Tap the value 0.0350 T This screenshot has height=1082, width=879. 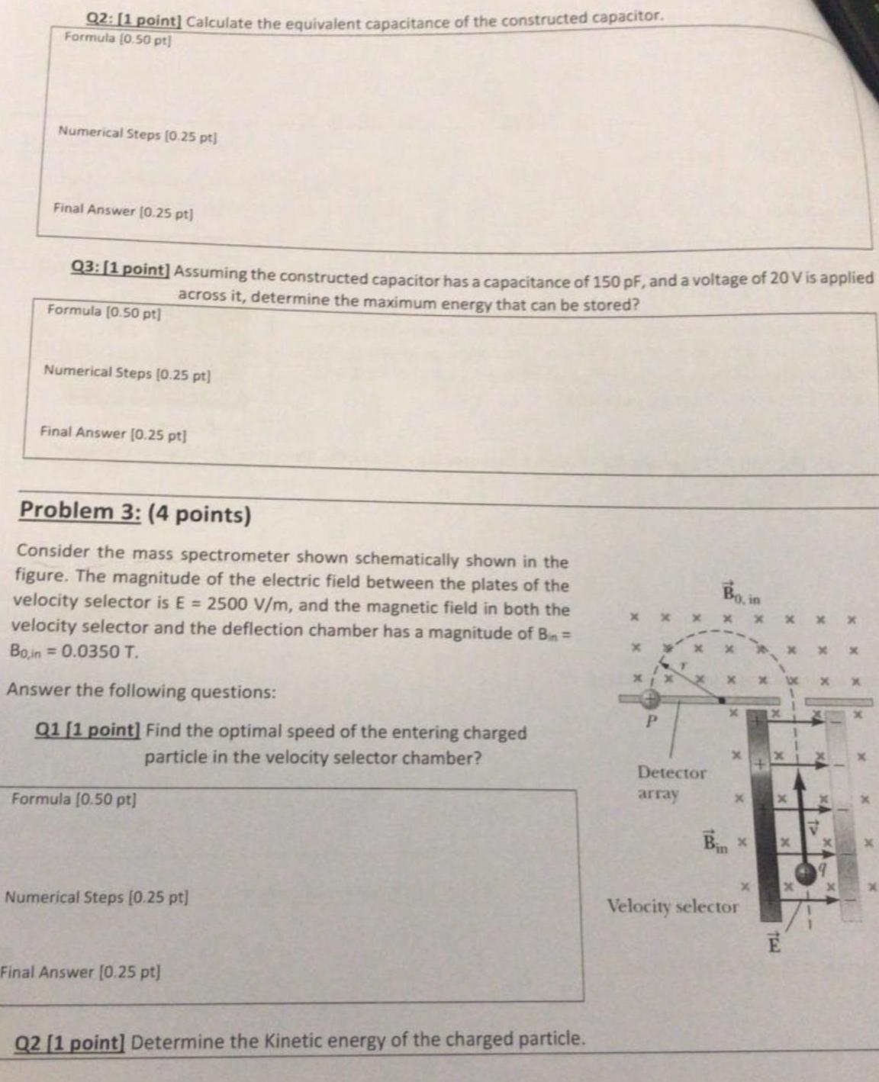point(99,652)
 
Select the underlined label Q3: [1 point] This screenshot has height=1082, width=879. point(119,269)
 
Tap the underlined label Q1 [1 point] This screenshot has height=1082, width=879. point(88,729)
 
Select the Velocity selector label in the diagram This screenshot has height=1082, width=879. point(672,906)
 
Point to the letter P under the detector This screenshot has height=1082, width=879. point(651,722)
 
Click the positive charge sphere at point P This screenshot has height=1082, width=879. point(649,698)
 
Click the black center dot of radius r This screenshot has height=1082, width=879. point(721,698)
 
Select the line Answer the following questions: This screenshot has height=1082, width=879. point(141,692)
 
